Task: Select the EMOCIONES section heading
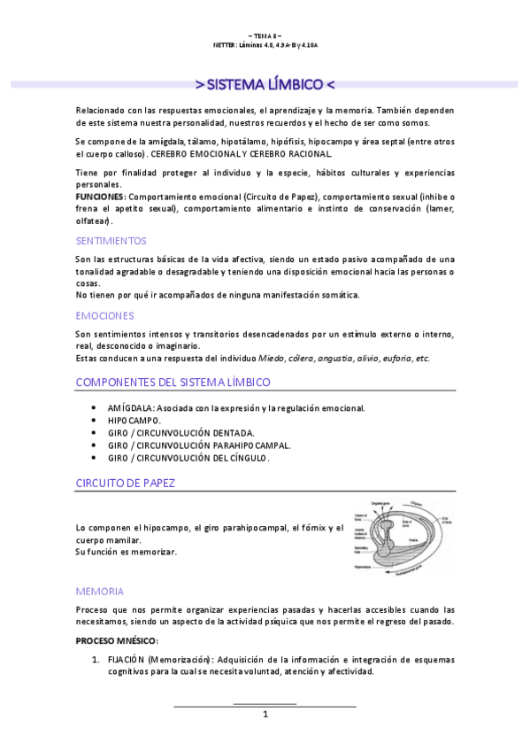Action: tap(104, 315)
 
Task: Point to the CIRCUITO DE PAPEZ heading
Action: tap(125, 483)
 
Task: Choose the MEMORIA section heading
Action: tap(99, 591)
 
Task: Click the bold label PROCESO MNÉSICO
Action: tap(116, 640)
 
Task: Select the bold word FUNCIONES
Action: tap(100, 196)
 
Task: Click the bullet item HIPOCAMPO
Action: tap(134, 421)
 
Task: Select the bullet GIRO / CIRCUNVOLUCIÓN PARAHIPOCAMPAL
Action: tap(199, 445)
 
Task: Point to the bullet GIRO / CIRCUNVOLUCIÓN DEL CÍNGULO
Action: tap(188, 458)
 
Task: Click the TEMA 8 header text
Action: tap(265, 35)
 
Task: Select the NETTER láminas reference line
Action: tap(265, 43)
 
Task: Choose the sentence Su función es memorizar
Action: tap(127, 552)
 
